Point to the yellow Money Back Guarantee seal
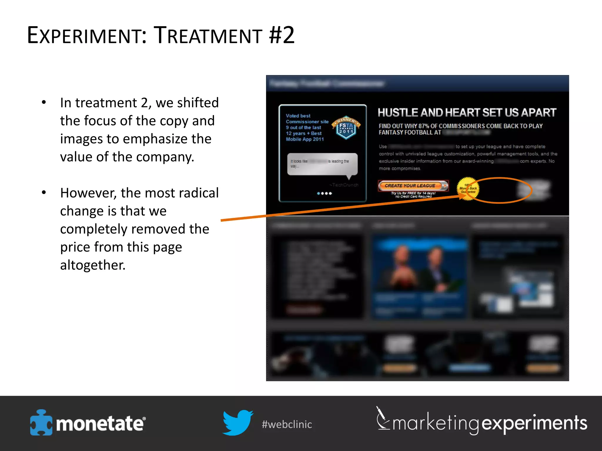click(x=467, y=189)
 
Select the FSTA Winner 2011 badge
click(x=346, y=127)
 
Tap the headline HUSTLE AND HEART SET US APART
click(x=467, y=112)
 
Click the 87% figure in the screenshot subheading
click(x=424, y=126)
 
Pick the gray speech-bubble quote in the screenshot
click(x=322, y=164)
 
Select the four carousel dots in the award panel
click(x=325, y=193)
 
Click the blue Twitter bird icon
click(x=237, y=422)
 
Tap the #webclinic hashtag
click(x=287, y=424)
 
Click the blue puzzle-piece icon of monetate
click(x=41, y=423)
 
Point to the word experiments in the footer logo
click(x=534, y=423)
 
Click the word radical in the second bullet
click(x=199, y=193)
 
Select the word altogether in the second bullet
click(x=93, y=265)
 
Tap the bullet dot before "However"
click(x=44, y=192)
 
